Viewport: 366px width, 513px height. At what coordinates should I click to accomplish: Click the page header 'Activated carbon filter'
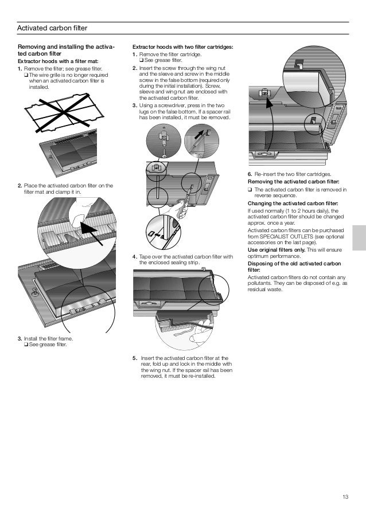click(52, 28)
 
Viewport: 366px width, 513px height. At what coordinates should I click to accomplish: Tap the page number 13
click(345, 496)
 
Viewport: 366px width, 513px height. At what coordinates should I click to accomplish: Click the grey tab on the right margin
click(359, 237)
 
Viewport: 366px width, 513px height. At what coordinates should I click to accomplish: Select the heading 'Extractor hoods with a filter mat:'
click(58, 61)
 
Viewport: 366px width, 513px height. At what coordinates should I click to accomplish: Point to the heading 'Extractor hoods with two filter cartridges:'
click(182, 46)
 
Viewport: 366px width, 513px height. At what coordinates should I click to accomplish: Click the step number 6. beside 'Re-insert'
click(250, 174)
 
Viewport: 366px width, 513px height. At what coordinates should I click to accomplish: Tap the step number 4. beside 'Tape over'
click(134, 256)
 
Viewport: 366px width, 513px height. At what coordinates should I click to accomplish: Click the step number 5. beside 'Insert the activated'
click(134, 357)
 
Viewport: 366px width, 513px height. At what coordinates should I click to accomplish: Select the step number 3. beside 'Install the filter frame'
click(20, 339)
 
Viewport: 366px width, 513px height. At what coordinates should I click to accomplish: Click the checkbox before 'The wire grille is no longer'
click(26, 75)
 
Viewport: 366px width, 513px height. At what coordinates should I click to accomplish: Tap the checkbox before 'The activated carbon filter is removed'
click(250, 189)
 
